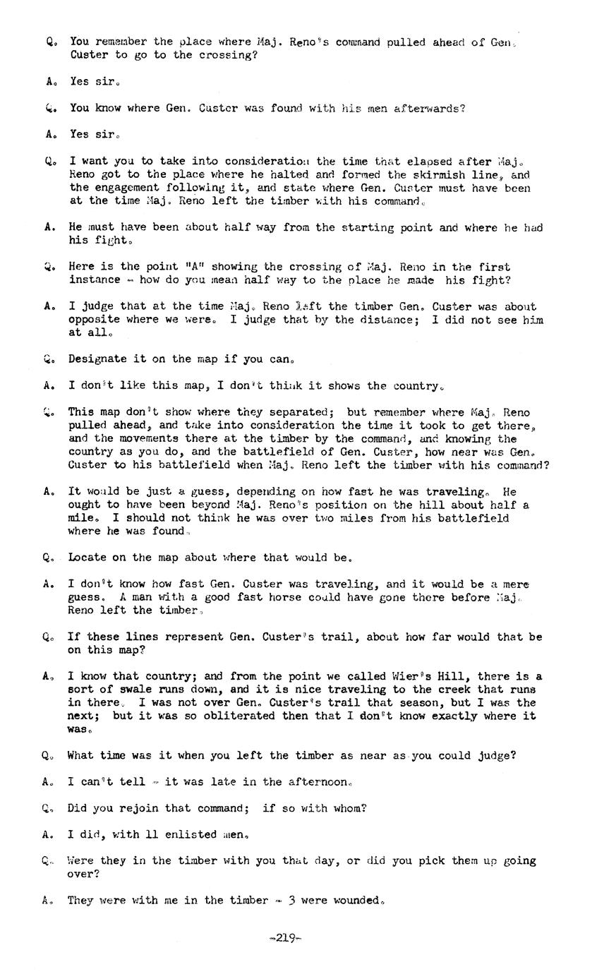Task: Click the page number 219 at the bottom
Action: tap(285, 938)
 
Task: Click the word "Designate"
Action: tap(97, 359)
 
